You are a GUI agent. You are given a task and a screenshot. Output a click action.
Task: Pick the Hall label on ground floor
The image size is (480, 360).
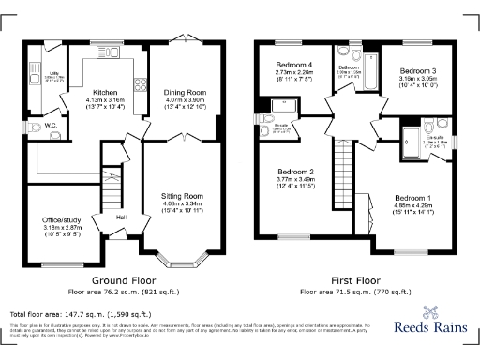point(121,217)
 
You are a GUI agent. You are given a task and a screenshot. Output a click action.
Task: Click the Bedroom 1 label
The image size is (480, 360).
point(413,199)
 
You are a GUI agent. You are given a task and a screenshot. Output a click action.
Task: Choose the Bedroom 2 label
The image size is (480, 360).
point(296,172)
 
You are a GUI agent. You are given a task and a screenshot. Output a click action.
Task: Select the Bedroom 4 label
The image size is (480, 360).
point(293,65)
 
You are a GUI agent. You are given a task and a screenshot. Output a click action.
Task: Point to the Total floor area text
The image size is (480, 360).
point(76,312)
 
